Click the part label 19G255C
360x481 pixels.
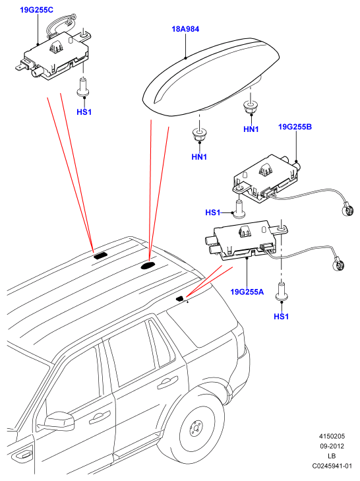[x=36, y=10]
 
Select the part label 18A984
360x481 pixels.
[x=185, y=29]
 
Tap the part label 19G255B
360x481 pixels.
[x=295, y=127]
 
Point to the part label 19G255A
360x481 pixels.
[x=247, y=292]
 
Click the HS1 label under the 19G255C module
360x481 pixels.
[x=84, y=112]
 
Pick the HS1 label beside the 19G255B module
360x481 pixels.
[x=213, y=212]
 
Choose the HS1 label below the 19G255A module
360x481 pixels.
[x=281, y=316]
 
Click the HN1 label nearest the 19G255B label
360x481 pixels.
[x=251, y=129]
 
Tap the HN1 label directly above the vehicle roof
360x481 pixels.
[x=199, y=157]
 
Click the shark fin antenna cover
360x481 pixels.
[x=212, y=77]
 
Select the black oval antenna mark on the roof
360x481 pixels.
[x=148, y=265]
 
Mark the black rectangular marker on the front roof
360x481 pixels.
[x=100, y=255]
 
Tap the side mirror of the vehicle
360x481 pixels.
[x=59, y=421]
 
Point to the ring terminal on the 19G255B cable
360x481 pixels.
[x=347, y=210]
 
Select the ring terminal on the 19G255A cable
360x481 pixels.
[x=338, y=263]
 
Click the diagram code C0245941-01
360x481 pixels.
[x=332, y=466]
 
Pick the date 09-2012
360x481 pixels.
[x=332, y=446]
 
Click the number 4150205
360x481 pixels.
[x=332, y=436]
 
